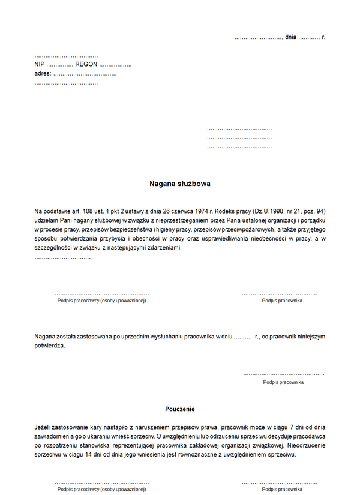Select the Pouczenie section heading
click(180, 409)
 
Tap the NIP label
click(40, 64)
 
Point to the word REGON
click(86, 64)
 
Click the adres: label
click(43, 73)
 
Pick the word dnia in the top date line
click(291, 37)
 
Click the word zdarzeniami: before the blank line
click(160, 247)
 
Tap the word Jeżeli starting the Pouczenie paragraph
click(44, 427)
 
